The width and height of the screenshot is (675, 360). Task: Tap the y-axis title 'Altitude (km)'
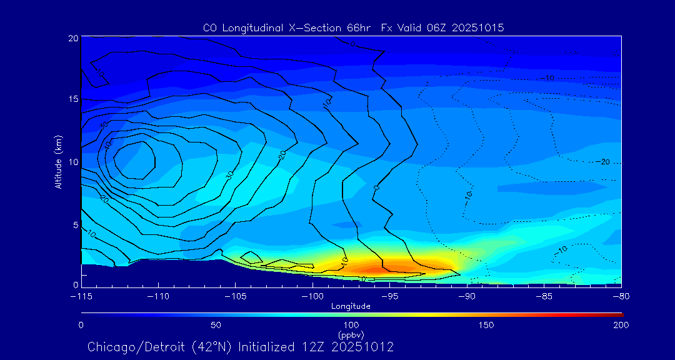[x=58, y=161]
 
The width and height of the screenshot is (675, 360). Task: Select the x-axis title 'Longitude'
[x=351, y=306]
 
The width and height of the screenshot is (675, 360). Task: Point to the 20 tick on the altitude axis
[x=72, y=38]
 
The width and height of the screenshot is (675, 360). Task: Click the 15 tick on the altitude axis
[x=72, y=99]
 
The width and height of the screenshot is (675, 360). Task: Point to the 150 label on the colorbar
[x=486, y=325]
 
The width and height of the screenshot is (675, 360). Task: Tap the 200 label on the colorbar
[x=621, y=325]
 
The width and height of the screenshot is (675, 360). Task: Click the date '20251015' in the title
[x=478, y=28]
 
